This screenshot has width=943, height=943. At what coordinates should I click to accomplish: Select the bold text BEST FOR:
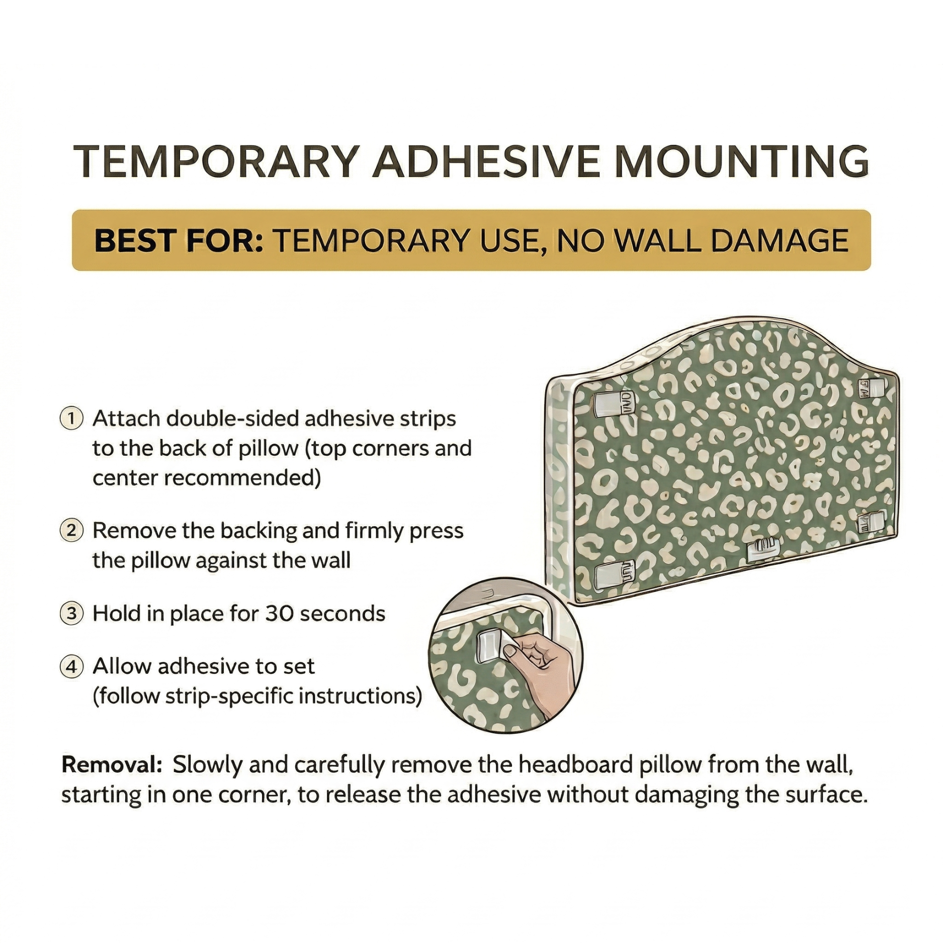pos(179,240)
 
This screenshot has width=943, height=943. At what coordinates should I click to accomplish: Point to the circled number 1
pos(71,418)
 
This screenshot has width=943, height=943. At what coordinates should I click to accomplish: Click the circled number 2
pos(71,531)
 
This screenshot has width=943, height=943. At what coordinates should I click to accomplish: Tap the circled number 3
pos(71,614)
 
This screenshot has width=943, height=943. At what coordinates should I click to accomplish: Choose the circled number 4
pos(71,667)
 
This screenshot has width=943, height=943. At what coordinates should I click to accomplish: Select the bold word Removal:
pos(111,765)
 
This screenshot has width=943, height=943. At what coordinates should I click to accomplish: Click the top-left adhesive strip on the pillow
pos(613,404)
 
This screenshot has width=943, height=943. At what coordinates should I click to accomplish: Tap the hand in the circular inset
pos(541,664)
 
